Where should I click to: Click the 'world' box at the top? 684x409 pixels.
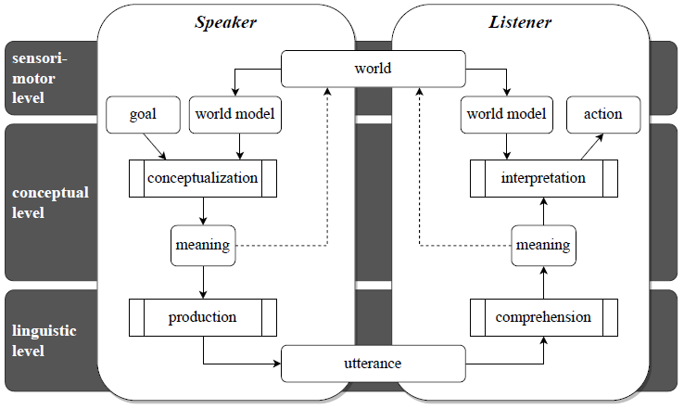tap(373, 69)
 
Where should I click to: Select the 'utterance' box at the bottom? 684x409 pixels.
tap(373, 363)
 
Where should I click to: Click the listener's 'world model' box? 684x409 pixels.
tap(506, 114)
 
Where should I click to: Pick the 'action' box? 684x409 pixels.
tap(602, 114)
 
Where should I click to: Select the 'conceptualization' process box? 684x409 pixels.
tap(202, 178)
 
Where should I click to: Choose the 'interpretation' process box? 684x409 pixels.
tap(543, 178)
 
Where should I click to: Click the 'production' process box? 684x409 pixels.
tap(202, 317)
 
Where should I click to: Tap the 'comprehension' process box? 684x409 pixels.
tap(543, 317)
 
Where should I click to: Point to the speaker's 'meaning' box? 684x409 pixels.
tap(202, 246)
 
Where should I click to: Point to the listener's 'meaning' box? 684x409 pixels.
tap(543, 246)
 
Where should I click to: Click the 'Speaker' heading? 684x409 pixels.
tap(226, 21)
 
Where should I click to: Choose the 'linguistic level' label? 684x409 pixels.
tap(41, 340)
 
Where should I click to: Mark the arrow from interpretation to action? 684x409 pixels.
tap(586, 146)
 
